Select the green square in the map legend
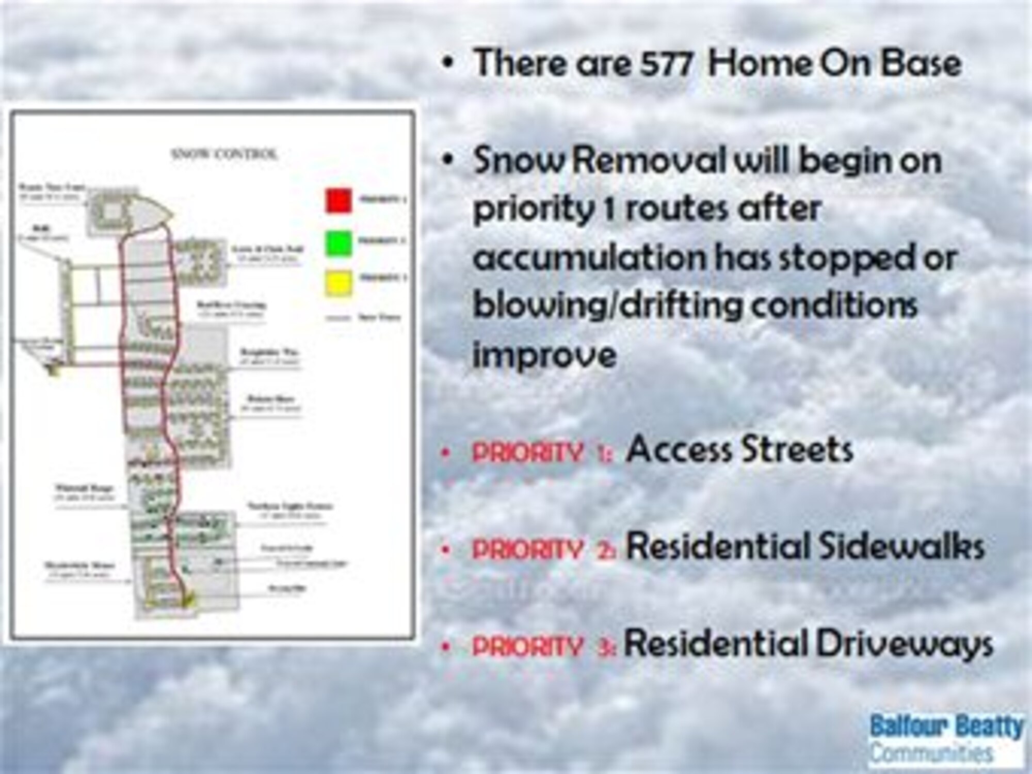[x=339, y=243]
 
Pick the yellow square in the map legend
[x=339, y=283]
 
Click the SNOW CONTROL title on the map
[x=224, y=154]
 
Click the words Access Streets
[x=739, y=450]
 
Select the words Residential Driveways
[x=808, y=644]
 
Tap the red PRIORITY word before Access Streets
[x=527, y=453]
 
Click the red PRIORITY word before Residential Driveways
[x=527, y=647]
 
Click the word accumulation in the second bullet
[x=588, y=257]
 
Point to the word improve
[x=544, y=355]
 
